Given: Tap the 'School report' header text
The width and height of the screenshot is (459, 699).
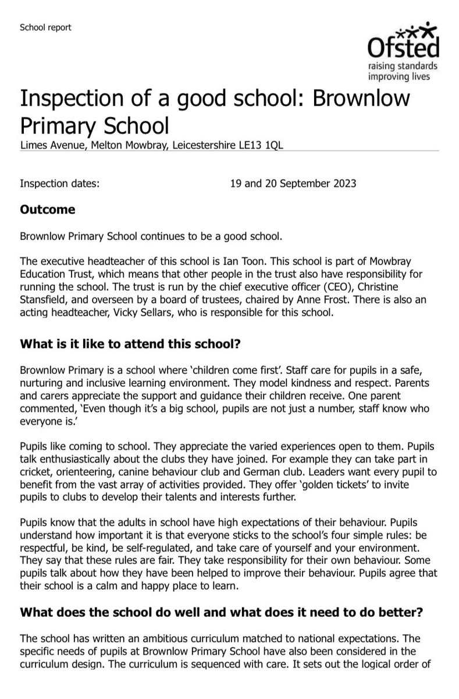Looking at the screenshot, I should click(46, 27).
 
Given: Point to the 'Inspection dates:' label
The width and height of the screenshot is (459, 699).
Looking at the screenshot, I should click(60, 183).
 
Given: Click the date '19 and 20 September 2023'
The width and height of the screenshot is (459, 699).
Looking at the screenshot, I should click(293, 183).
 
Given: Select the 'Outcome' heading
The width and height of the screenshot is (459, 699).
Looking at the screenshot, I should click(47, 209).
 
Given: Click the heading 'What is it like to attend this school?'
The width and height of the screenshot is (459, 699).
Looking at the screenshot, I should click(129, 344).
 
